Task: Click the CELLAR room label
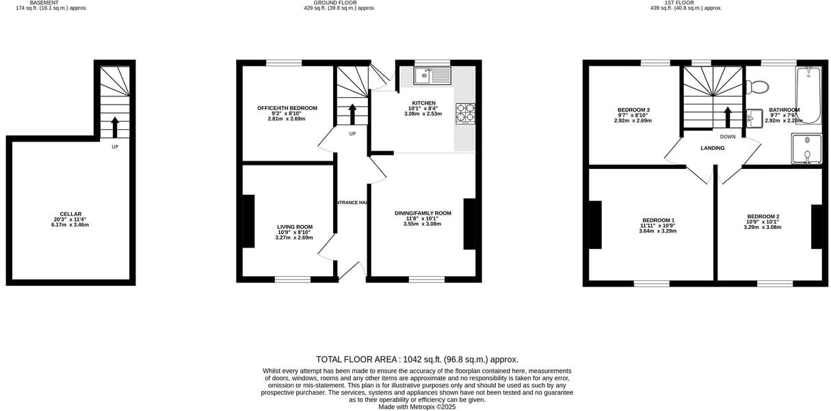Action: coord(70,214)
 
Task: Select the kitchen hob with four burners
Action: coord(467,113)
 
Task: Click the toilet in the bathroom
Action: coord(758,87)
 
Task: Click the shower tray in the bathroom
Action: coord(807,149)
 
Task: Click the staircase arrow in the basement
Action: coord(114,127)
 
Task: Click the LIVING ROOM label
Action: coord(295,227)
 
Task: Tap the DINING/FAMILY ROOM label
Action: coord(423,213)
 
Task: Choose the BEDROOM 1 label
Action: coord(658,220)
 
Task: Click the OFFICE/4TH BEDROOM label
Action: coord(287,108)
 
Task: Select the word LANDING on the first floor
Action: coord(712,148)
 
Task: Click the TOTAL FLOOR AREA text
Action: coord(417,360)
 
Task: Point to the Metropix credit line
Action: coord(417,407)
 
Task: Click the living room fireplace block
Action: coord(248,221)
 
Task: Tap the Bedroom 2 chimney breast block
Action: coord(816,226)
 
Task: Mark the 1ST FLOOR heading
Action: coord(685,3)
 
